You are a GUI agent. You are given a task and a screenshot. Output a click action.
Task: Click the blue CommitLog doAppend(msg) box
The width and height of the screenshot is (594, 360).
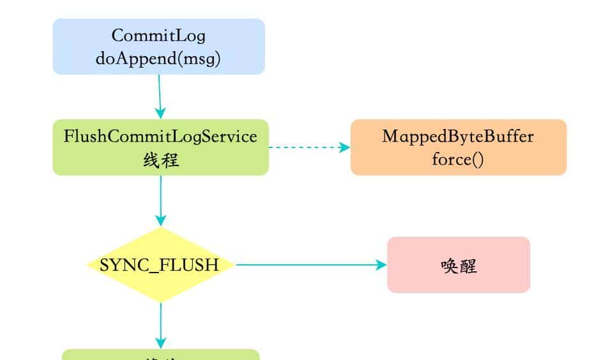point(158,47)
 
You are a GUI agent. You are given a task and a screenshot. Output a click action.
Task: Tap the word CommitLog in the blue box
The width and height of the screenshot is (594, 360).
point(158,35)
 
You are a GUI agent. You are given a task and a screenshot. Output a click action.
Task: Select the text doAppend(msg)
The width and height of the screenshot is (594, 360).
point(158,58)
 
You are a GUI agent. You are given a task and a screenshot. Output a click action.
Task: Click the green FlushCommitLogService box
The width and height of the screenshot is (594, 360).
point(160,147)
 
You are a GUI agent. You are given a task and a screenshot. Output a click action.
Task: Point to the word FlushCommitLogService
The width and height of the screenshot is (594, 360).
point(160,136)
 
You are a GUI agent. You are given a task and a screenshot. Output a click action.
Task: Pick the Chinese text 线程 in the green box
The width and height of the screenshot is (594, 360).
point(160,160)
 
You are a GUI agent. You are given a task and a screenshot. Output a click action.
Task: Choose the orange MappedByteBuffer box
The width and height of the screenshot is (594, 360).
point(458,147)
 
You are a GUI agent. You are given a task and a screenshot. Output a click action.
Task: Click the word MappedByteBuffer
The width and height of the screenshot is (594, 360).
point(458,136)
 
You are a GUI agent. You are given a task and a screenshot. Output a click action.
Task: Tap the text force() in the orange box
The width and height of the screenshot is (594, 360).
point(458,159)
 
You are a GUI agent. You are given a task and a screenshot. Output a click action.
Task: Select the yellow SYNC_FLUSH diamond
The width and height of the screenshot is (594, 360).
point(160,265)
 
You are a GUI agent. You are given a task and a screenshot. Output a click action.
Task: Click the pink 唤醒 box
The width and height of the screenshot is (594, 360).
point(458,265)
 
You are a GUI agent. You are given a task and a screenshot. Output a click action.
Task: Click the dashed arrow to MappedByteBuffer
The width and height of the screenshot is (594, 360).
point(307,147)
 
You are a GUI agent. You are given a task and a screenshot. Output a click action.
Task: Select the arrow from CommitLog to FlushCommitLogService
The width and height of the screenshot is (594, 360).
point(160,96)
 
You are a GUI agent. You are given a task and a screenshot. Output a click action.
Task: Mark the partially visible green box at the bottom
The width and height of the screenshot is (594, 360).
point(160,355)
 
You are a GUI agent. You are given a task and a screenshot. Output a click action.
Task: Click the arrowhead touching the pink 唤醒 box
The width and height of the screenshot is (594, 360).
point(382,265)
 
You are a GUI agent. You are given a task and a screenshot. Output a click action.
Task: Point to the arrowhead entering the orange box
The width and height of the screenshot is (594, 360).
point(345,147)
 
